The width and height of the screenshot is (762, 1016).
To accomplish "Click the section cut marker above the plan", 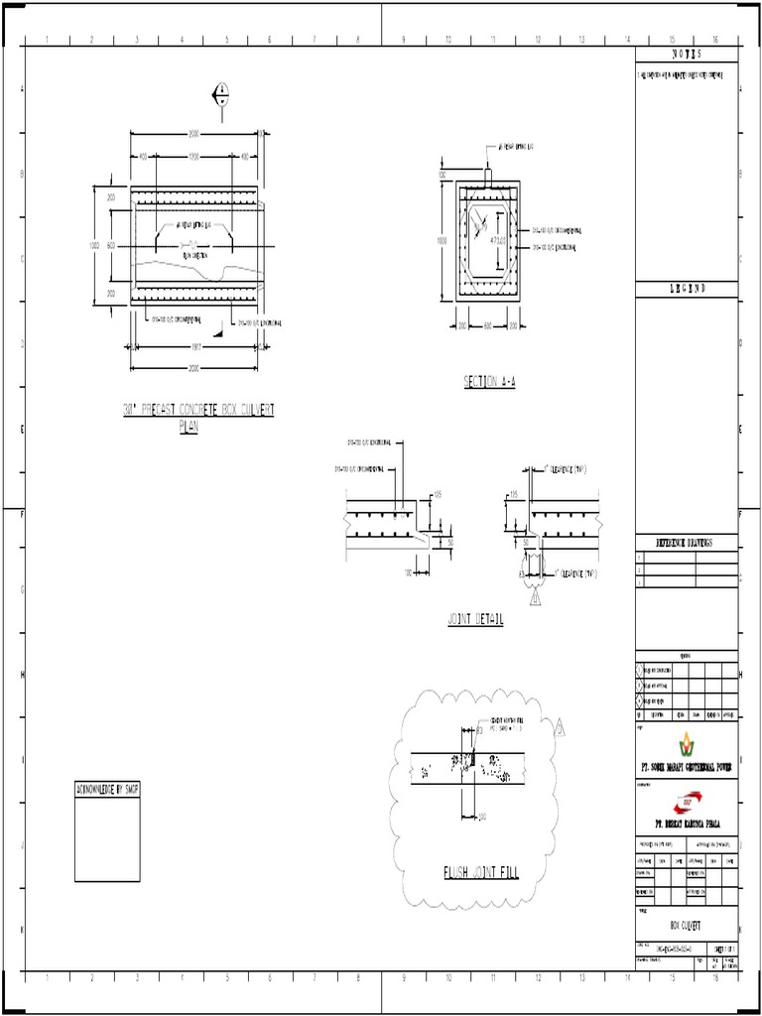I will coord(220,95).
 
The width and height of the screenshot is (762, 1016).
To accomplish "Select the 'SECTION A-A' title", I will coord(489,382).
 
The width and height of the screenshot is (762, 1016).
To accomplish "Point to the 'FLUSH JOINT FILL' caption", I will coord(480,873).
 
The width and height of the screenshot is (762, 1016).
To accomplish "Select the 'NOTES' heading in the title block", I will coord(686,55).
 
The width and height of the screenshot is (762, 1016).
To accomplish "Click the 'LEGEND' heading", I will coord(686,289).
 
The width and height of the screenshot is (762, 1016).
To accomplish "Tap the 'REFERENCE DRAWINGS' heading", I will coord(686,543).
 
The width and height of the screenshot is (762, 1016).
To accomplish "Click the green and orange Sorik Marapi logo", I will coord(687,743).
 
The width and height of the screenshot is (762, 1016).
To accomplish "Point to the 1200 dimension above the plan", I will coord(194,157).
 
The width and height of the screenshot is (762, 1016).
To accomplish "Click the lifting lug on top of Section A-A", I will coord(487,175).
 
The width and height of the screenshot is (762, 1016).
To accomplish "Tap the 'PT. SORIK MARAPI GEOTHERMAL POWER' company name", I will coord(687,767).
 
